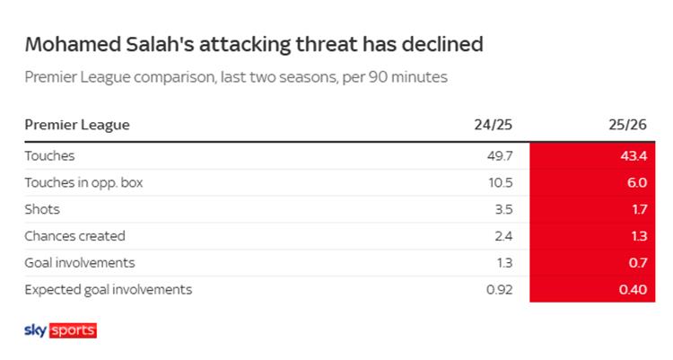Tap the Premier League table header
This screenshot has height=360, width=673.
pyautogui.click(x=77, y=126)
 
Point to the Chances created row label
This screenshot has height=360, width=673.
pyautogui.click(x=74, y=236)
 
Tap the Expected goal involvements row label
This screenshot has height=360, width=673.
pyautogui.click(x=108, y=290)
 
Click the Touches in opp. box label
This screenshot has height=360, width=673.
pyautogui.click(x=84, y=182)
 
